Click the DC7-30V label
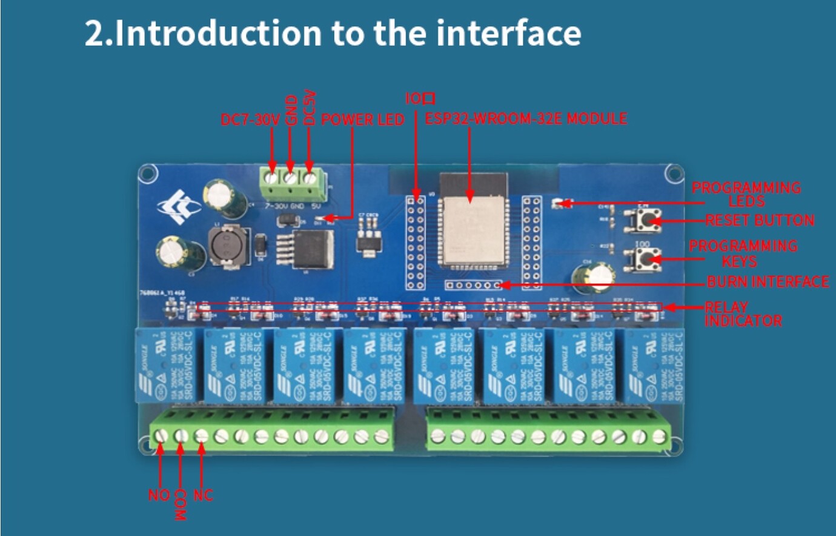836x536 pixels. [250, 119]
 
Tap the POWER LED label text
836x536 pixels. [362, 119]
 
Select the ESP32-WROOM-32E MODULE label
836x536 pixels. [525, 118]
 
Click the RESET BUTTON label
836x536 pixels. [760, 220]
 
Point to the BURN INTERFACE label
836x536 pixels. [768, 282]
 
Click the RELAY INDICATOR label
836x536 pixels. [743, 313]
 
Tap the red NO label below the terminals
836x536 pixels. [159, 495]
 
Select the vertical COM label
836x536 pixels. [180, 504]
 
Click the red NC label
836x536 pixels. [203, 495]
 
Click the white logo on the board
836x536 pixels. [179, 207]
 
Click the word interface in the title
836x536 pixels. [508, 33]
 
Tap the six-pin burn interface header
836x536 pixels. [473, 285]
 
